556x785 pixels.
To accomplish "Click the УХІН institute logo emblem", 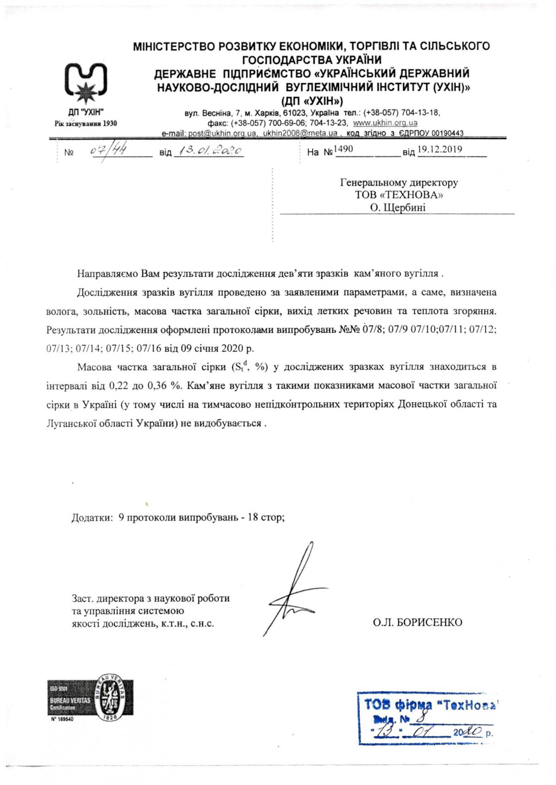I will coord(86,83).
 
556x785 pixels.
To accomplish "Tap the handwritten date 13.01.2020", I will coord(208,151).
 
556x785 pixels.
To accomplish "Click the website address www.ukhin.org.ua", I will coord(385,123).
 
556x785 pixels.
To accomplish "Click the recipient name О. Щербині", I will coord(398,208).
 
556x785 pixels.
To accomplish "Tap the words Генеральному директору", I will coord(399,182).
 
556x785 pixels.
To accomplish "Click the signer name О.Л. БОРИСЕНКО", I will coord(417,623).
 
